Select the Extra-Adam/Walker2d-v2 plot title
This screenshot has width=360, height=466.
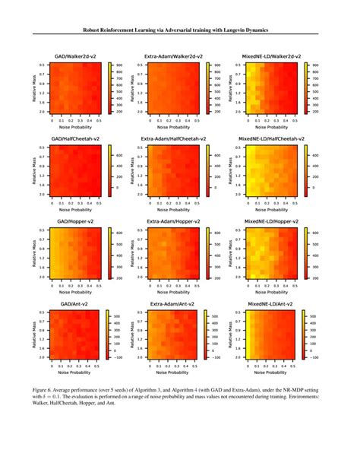tap(172, 57)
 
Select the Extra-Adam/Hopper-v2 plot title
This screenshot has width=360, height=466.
tap(172, 221)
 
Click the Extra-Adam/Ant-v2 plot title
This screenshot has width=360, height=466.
tap(172, 303)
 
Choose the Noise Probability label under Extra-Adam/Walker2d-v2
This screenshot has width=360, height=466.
tap(171, 125)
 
